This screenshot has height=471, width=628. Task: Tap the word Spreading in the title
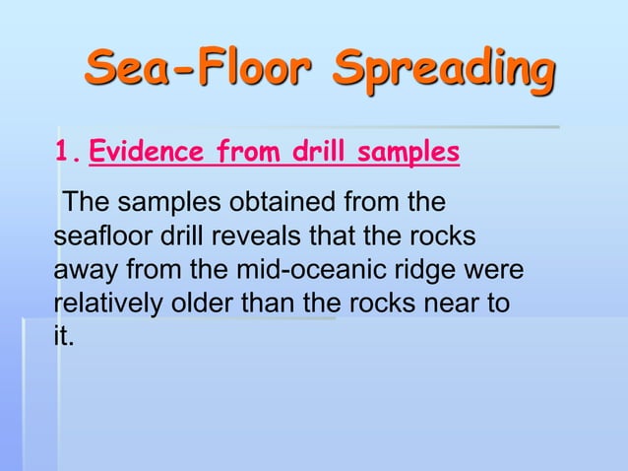(442, 70)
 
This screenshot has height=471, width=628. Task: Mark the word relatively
(106, 303)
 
